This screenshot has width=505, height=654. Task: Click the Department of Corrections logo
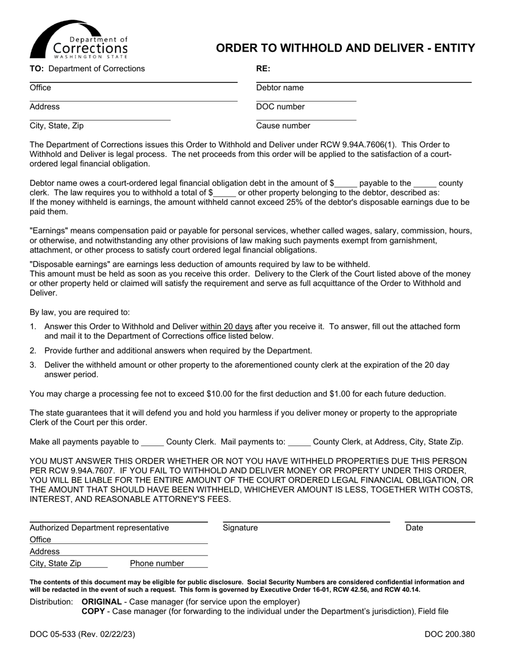click(x=79, y=40)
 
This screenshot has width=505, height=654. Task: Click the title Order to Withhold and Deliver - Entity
click(x=345, y=48)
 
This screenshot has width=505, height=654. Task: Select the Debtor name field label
click(x=280, y=88)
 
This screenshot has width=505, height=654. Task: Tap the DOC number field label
click(x=280, y=107)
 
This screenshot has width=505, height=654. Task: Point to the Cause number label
click(x=283, y=126)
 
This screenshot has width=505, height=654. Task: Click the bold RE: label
click(x=263, y=69)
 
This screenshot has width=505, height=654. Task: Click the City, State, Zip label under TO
click(x=56, y=126)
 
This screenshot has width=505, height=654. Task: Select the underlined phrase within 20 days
click(x=226, y=326)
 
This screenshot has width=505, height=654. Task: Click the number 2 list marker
click(x=33, y=351)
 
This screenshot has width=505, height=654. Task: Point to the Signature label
click(x=240, y=528)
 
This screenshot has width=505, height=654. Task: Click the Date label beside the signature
click(x=414, y=528)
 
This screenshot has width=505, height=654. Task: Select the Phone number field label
click(x=157, y=564)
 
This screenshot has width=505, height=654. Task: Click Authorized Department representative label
click(x=99, y=528)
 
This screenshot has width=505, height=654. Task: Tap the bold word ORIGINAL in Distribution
click(x=102, y=602)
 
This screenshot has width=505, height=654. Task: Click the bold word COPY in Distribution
click(x=92, y=611)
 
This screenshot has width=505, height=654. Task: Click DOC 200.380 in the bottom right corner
click(x=450, y=634)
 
